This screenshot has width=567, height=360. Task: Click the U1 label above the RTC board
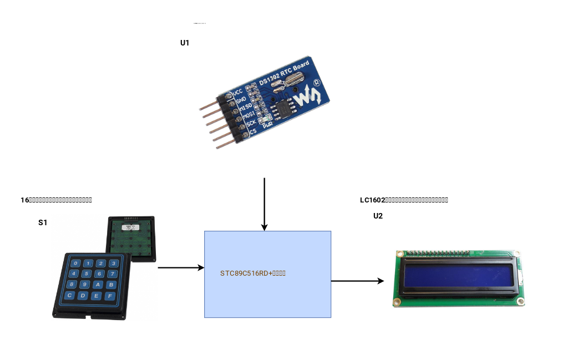[x=185, y=43]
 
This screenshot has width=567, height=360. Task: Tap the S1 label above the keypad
[x=43, y=222]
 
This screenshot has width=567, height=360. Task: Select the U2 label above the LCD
[x=378, y=216]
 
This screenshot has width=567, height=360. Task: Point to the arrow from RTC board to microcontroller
[x=265, y=204]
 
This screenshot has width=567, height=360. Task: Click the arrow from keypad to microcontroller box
[x=181, y=267]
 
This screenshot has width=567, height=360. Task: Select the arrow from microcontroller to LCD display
[x=357, y=281]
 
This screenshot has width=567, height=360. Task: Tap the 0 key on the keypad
[x=76, y=263]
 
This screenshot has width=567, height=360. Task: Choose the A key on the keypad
[x=97, y=285]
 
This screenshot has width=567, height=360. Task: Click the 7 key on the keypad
[x=99, y=273]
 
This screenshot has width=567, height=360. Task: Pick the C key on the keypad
[x=70, y=295]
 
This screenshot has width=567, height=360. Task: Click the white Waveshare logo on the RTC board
[x=307, y=98]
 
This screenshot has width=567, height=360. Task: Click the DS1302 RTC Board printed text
[x=283, y=72]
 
